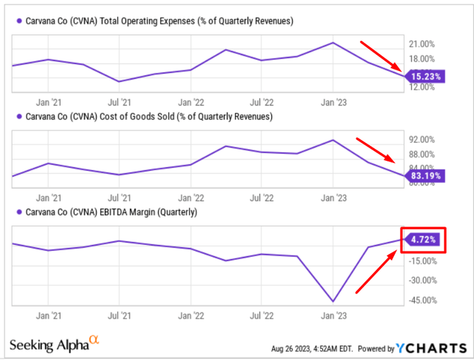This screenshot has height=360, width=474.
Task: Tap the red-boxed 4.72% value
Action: pyautogui.click(x=423, y=240)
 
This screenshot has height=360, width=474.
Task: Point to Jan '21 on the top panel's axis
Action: pyautogui.click(x=48, y=100)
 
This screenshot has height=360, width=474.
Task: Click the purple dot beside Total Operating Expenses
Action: pyautogui.click(x=16, y=21)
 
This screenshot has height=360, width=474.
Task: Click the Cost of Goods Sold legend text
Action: pyautogui.click(x=149, y=117)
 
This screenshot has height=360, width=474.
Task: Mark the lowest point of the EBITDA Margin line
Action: pyautogui.click(x=333, y=301)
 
